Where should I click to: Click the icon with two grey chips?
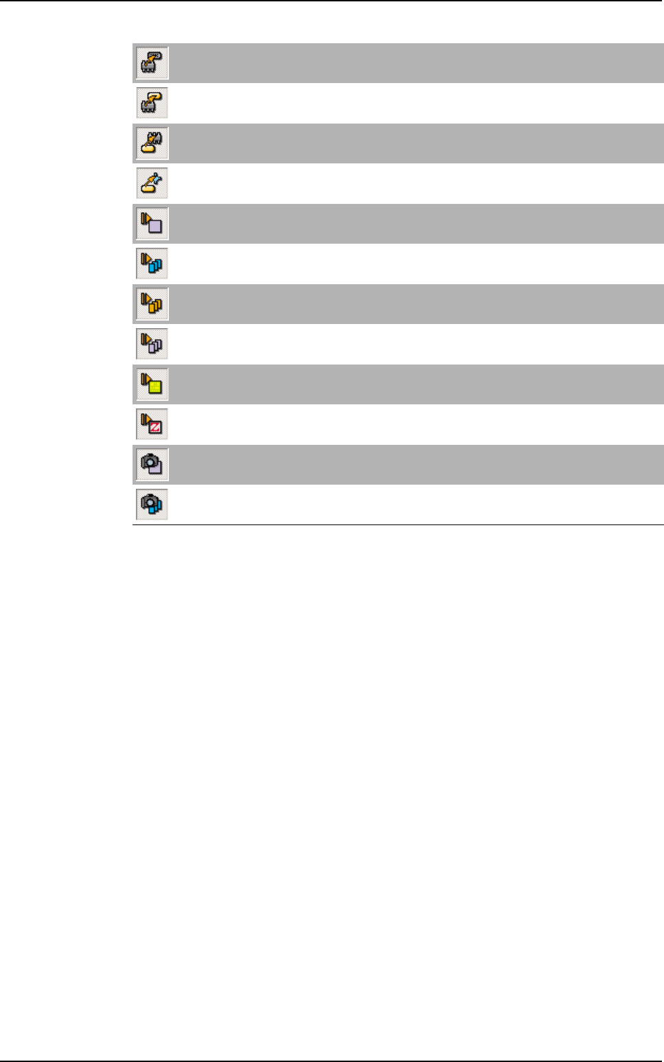(152, 63)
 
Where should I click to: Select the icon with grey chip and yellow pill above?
(152, 103)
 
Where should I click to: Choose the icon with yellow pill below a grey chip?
(152, 143)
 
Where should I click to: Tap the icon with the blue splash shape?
(152, 183)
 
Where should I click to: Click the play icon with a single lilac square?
(152, 223)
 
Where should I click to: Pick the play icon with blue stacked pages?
(152, 264)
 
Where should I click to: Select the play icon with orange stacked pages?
(152, 303)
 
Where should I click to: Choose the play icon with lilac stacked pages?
(152, 344)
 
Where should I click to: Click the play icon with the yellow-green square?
(152, 384)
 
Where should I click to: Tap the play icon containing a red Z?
(152, 424)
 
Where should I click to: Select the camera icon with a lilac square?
(152, 464)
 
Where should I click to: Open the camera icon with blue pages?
(152, 505)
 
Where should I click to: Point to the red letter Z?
(155, 428)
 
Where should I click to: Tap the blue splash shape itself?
(159, 178)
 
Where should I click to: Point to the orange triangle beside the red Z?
(146, 418)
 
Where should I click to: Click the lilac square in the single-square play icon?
(154, 227)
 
